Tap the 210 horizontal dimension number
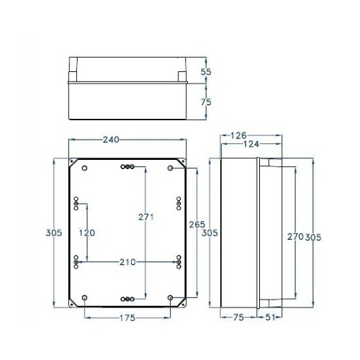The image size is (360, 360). coord(127,261)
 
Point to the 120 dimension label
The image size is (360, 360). coord(87,233)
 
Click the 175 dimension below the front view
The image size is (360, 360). coord(127,318)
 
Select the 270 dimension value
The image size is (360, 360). coord(295,236)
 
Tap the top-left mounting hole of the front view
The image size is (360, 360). coord(85,168)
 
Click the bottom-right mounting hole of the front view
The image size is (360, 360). coord(170,297)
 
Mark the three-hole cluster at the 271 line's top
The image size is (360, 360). coord(127,167)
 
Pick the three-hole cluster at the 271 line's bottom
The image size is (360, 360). coord(127,298)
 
